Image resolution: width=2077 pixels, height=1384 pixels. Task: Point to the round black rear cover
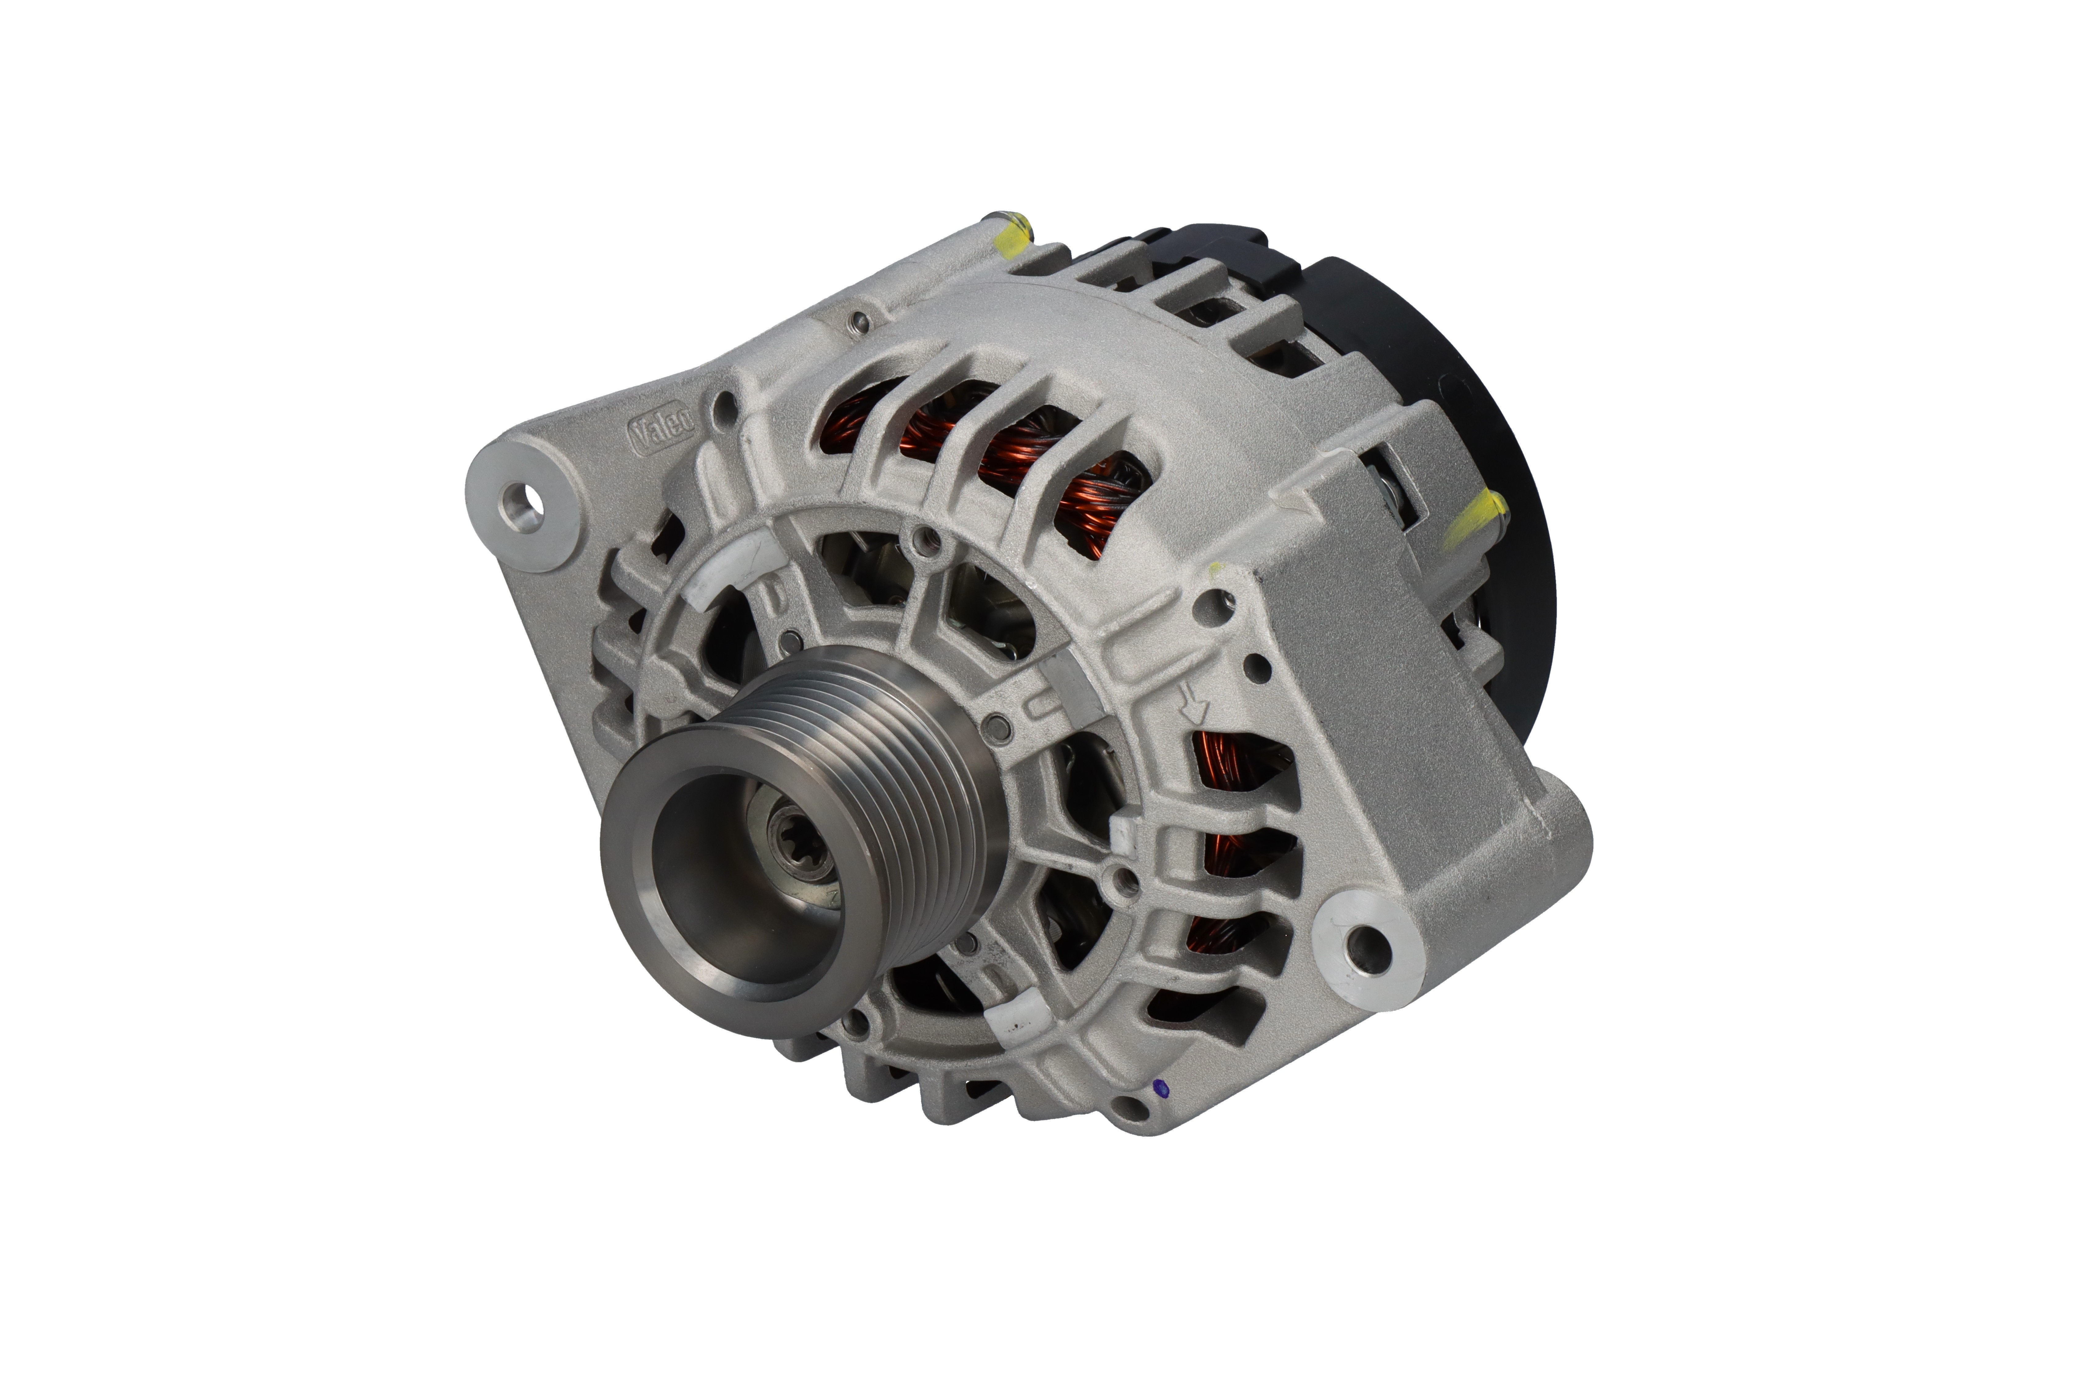point(1448,424)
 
